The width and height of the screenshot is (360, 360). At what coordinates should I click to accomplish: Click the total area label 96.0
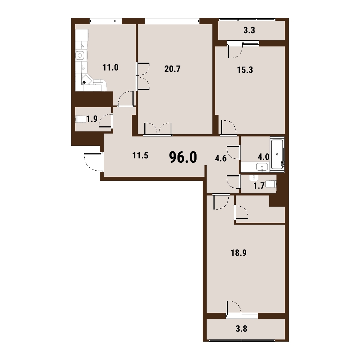pyautogui.click(x=183, y=157)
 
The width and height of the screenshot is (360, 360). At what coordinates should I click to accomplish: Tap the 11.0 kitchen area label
pyautogui.click(x=111, y=68)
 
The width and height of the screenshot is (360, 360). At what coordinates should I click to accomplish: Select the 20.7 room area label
pyautogui.click(x=172, y=69)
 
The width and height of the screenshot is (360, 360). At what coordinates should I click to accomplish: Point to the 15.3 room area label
pyautogui.click(x=245, y=70)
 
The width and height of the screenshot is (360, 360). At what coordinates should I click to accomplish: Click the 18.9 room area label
pyautogui.click(x=239, y=253)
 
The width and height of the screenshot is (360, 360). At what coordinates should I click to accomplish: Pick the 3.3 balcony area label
pyautogui.click(x=249, y=30)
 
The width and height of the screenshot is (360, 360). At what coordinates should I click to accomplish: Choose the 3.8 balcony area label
pyautogui.click(x=242, y=329)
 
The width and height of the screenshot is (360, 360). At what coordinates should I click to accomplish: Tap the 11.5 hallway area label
pyautogui.click(x=140, y=156)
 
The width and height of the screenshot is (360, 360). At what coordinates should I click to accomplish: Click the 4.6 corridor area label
pyautogui.click(x=221, y=158)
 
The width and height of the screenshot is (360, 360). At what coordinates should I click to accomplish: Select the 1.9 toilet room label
pyautogui.click(x=92, y=119)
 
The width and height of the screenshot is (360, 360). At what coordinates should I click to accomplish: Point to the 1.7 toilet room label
pyautogui.click(x=259, y=185)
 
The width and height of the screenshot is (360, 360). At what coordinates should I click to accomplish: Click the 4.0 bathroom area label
pyautogui.click(x=264, y=157)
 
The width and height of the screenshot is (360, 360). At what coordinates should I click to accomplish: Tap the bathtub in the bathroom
pyautogui.click(x=277, y=154)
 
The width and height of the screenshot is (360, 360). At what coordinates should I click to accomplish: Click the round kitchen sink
pyautogui.click(x=80, y=55)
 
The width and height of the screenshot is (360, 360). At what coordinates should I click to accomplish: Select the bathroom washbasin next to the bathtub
pyautogui.click(x=262, y=167)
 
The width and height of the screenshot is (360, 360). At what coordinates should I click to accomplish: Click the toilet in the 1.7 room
pyautogui.click(x=271, y=184)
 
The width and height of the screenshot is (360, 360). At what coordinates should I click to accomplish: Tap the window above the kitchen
pyautogui.click(x=105, y=21)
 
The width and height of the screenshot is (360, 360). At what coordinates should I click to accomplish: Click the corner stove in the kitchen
pyautogui.click(x=87, y=80)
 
